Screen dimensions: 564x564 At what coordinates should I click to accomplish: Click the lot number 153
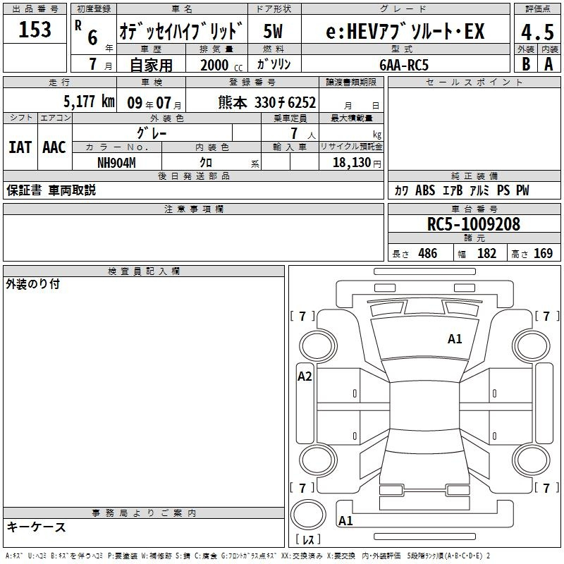[x=35, y=29]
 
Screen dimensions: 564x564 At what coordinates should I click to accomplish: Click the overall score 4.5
[x=537, y=32]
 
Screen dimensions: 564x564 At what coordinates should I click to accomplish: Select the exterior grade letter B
[x=526, y=64]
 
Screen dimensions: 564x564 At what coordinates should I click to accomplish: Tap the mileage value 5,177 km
[x=89, y=102]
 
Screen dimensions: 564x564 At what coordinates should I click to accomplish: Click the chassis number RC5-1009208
[x=474, y=224]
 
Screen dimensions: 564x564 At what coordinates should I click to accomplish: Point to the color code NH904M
[x=116, y=163]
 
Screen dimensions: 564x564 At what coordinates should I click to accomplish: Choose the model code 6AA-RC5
[x=404, y=65]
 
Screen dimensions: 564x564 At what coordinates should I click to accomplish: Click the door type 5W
[x=273, y=31]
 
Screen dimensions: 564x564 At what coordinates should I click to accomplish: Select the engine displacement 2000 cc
[x=221, y=66]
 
